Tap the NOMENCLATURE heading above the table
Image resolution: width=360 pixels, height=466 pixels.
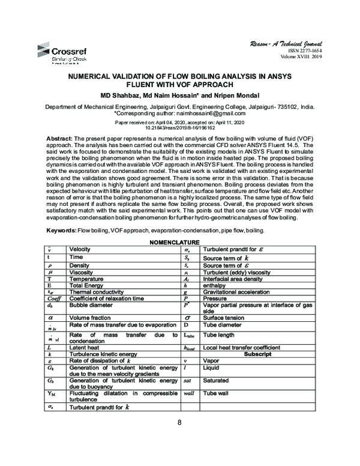pyautogui.click(x=179, y=242)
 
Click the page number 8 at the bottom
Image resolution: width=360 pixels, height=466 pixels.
pyautogui.click(x=179, y=422)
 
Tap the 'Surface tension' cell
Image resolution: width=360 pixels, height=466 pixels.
pyautogui.click(x=223, y=318)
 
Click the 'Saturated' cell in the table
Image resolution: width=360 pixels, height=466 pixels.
pyautogui.click(x=219, y=380)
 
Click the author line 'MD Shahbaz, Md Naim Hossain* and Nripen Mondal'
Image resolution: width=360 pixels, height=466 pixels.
pyautogui.click(x=179, y=95)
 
